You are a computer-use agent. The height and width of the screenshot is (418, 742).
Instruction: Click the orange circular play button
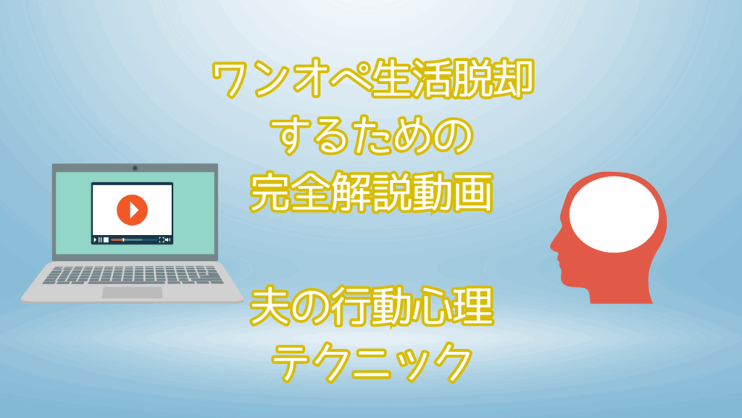pyautogui.click(x=132, y=210)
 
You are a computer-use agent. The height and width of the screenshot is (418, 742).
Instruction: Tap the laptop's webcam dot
pyautogui.click(x=135, y=168)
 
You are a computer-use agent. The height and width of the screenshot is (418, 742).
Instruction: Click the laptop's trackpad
pyautogui.click(x=133, y=292)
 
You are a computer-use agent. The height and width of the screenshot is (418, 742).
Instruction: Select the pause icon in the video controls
pyautogui.click(x=100, y=239)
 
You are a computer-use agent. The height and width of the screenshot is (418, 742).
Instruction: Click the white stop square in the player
pyautogui.click(x=106, y=239)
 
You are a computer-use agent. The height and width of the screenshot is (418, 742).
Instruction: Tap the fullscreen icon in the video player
pyautogui.click(x=162, y=239)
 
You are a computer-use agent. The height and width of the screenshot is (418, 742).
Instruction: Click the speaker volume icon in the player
pyautogui.click(x=167, y=239)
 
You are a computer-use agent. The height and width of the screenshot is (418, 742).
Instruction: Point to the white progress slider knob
pyautogui.click(x=123, y=239)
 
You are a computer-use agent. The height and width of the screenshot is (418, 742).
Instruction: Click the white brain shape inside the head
pyautogui.click(x=614, y=214)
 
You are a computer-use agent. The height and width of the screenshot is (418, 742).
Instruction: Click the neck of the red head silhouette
pyautogui.click(x=620, y=289)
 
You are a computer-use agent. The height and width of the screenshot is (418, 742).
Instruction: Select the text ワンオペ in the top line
pyautogui.click(x=291, y=78)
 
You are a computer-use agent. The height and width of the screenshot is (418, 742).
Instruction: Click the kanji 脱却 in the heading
pyautogui.click(x=493, y=78)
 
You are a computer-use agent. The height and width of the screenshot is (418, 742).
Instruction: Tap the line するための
pyautogui.click(x=372, y=136)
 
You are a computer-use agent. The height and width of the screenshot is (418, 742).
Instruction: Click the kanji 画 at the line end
pyautogui.click(x=472, y=192)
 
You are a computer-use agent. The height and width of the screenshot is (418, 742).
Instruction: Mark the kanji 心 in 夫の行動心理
pyautogui.click(x=432, y=307)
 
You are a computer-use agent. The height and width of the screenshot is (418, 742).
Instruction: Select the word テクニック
pyautogui.click(x=372, y=363)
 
